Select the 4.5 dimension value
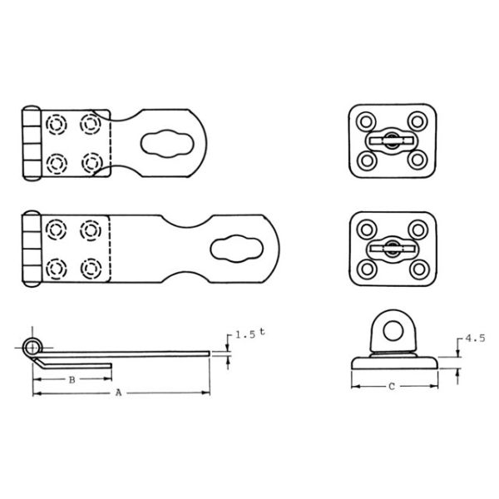coord(474,339)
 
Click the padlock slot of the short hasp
coord(164,142)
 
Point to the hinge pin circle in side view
coord(32,345)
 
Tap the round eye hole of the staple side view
coord(390,331)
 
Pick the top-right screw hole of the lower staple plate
coord(416,229)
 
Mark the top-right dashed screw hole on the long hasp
coord(89,230)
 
